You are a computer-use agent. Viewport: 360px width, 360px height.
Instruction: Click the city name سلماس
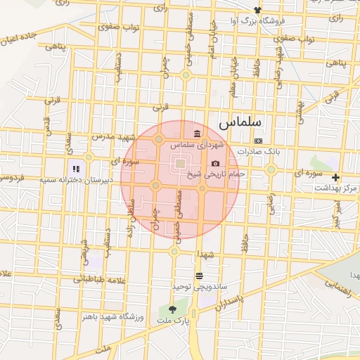coord(239,122)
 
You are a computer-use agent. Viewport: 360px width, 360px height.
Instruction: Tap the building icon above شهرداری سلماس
coord(197,134)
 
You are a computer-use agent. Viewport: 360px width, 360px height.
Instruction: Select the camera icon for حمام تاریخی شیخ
coord(215,163)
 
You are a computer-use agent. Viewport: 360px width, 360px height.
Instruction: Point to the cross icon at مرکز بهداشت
coord(336,177)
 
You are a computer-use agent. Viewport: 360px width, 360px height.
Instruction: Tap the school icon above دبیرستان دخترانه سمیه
coord(76,169)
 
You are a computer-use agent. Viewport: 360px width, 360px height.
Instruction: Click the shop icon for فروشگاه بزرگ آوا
coord(258,10)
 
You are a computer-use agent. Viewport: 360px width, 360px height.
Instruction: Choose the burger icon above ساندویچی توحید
coord(199,276)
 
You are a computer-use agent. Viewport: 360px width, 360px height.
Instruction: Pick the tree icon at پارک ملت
coord(173,309)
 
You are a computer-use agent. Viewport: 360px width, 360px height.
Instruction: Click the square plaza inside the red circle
coord(180,165)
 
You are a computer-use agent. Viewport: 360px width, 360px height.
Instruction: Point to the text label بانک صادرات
coord(258,151)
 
